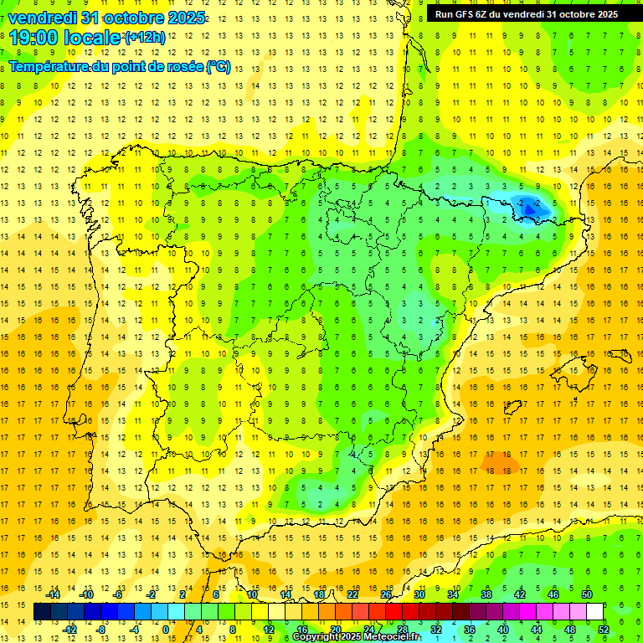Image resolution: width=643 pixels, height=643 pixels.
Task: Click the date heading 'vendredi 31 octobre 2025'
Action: (x=106, y=18)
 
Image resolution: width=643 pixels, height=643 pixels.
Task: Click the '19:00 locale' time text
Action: (x=65, y=38)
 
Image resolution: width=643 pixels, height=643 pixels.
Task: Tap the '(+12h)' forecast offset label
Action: (x=145, y=37)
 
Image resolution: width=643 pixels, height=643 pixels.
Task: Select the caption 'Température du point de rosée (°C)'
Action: (x=120, y=67)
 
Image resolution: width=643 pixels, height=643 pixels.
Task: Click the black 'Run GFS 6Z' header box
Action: (x=527, y=13)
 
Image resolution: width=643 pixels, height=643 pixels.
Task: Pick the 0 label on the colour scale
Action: (x=167, y=630)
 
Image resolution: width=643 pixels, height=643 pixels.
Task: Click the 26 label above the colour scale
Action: (x=387, y=594)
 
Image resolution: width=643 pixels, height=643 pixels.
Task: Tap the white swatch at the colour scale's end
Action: (x=594, y=612)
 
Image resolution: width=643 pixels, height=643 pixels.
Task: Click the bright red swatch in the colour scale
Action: (x=394, y=612)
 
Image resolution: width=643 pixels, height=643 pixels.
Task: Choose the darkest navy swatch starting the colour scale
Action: (x=42, y=612)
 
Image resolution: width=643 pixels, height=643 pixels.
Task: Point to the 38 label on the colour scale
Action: (x=486, y=594)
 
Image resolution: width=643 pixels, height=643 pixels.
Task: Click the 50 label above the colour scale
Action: (x=586, y=594)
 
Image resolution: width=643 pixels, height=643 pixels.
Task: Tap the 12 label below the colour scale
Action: (x=269, y=630)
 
